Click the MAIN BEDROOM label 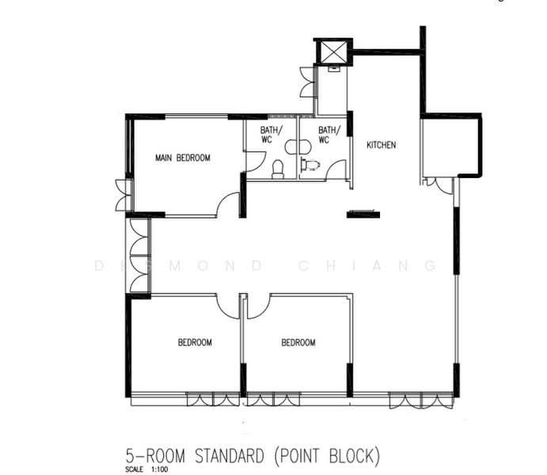tap(183, 158)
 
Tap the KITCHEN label tap(382, 145)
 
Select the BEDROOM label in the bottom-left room tap(195, 342)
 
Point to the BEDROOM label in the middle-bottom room tap(298, 342)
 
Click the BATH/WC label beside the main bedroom tap(271, 135)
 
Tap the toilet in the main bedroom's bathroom tap(278, 169)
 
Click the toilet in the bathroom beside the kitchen tap(310, 165)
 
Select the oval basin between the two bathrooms tap(298, 146)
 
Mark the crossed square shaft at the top tap(333, 52)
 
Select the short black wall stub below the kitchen tap(363, 214)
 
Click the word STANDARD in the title tap(230, 456)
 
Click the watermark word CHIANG tap(367, 266)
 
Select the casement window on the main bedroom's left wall tap(123, 195)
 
